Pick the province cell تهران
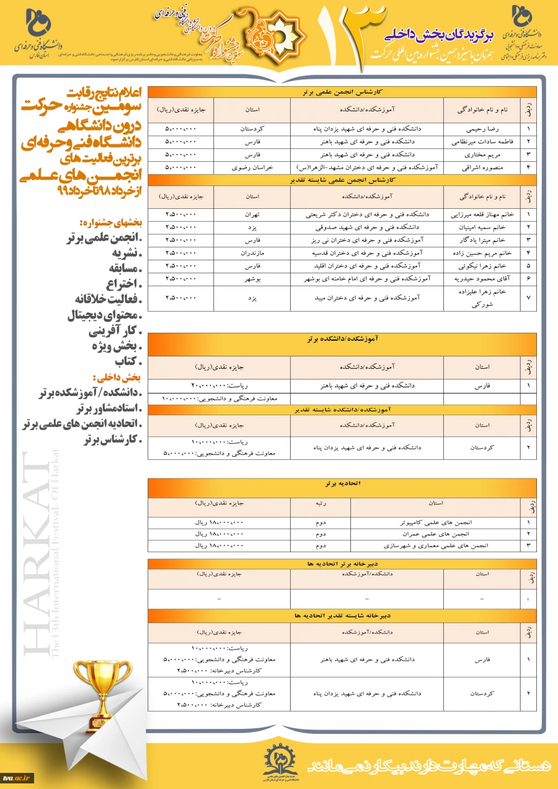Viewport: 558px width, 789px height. pyautogui.click(x=252, y=215)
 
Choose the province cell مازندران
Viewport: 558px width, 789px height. pyautogui.click(x=252, y=253)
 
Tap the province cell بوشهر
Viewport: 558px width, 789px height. pyautogui.click(x=252, y=279)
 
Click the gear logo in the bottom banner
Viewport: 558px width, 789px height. pyautogui.click(x=278, y=757)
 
